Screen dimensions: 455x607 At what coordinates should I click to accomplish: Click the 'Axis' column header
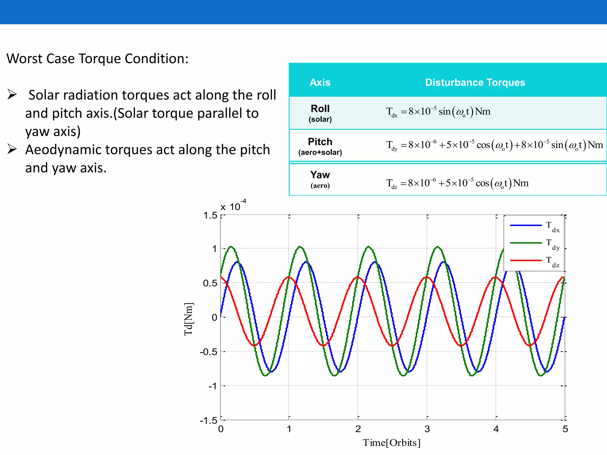pyautogui.click(x=320, y=82)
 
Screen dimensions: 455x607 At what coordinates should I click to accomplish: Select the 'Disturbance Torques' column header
pyautogui.click(x=475, y=82)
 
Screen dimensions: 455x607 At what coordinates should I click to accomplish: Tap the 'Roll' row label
pyautogui.click(x=320, y=109)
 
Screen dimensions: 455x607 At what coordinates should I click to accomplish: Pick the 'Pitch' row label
pyautogui.click(x=320, y=142)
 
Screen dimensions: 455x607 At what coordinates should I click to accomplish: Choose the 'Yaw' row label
pyautogui.click(x=320, y=175)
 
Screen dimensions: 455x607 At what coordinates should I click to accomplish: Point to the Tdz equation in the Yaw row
pyautogui.click(x=457, y=183)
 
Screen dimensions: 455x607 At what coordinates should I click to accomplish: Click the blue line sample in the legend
pyautogui.click(x=526, y=225)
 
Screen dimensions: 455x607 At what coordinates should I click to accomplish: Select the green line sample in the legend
pyautogui.click(x=526, y=243)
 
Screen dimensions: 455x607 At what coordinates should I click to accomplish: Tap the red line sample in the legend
pyautogui.click(x=526, y=260)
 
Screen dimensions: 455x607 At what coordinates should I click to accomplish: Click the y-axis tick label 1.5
pyautogui.click(x=210, y=215)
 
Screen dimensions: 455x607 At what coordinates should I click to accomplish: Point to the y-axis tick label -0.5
pyautogui.click(x=209, y=352)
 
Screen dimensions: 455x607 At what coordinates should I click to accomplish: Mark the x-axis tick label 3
pyautogui.click(x=427, y=429)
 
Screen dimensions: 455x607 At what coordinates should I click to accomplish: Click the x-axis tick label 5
pyautogui.click(x=565, y=429)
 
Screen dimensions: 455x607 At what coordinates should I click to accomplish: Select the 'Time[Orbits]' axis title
pyautogui.click(x=392, y=443)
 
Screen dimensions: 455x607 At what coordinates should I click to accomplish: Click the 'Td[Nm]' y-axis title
pyautogui.click(x=189, y=319)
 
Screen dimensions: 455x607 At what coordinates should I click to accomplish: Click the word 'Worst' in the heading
pyautogui.click(x=24, y=59)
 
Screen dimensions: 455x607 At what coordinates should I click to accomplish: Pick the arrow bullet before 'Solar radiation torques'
pyautogui.click(x=12, y=94)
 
